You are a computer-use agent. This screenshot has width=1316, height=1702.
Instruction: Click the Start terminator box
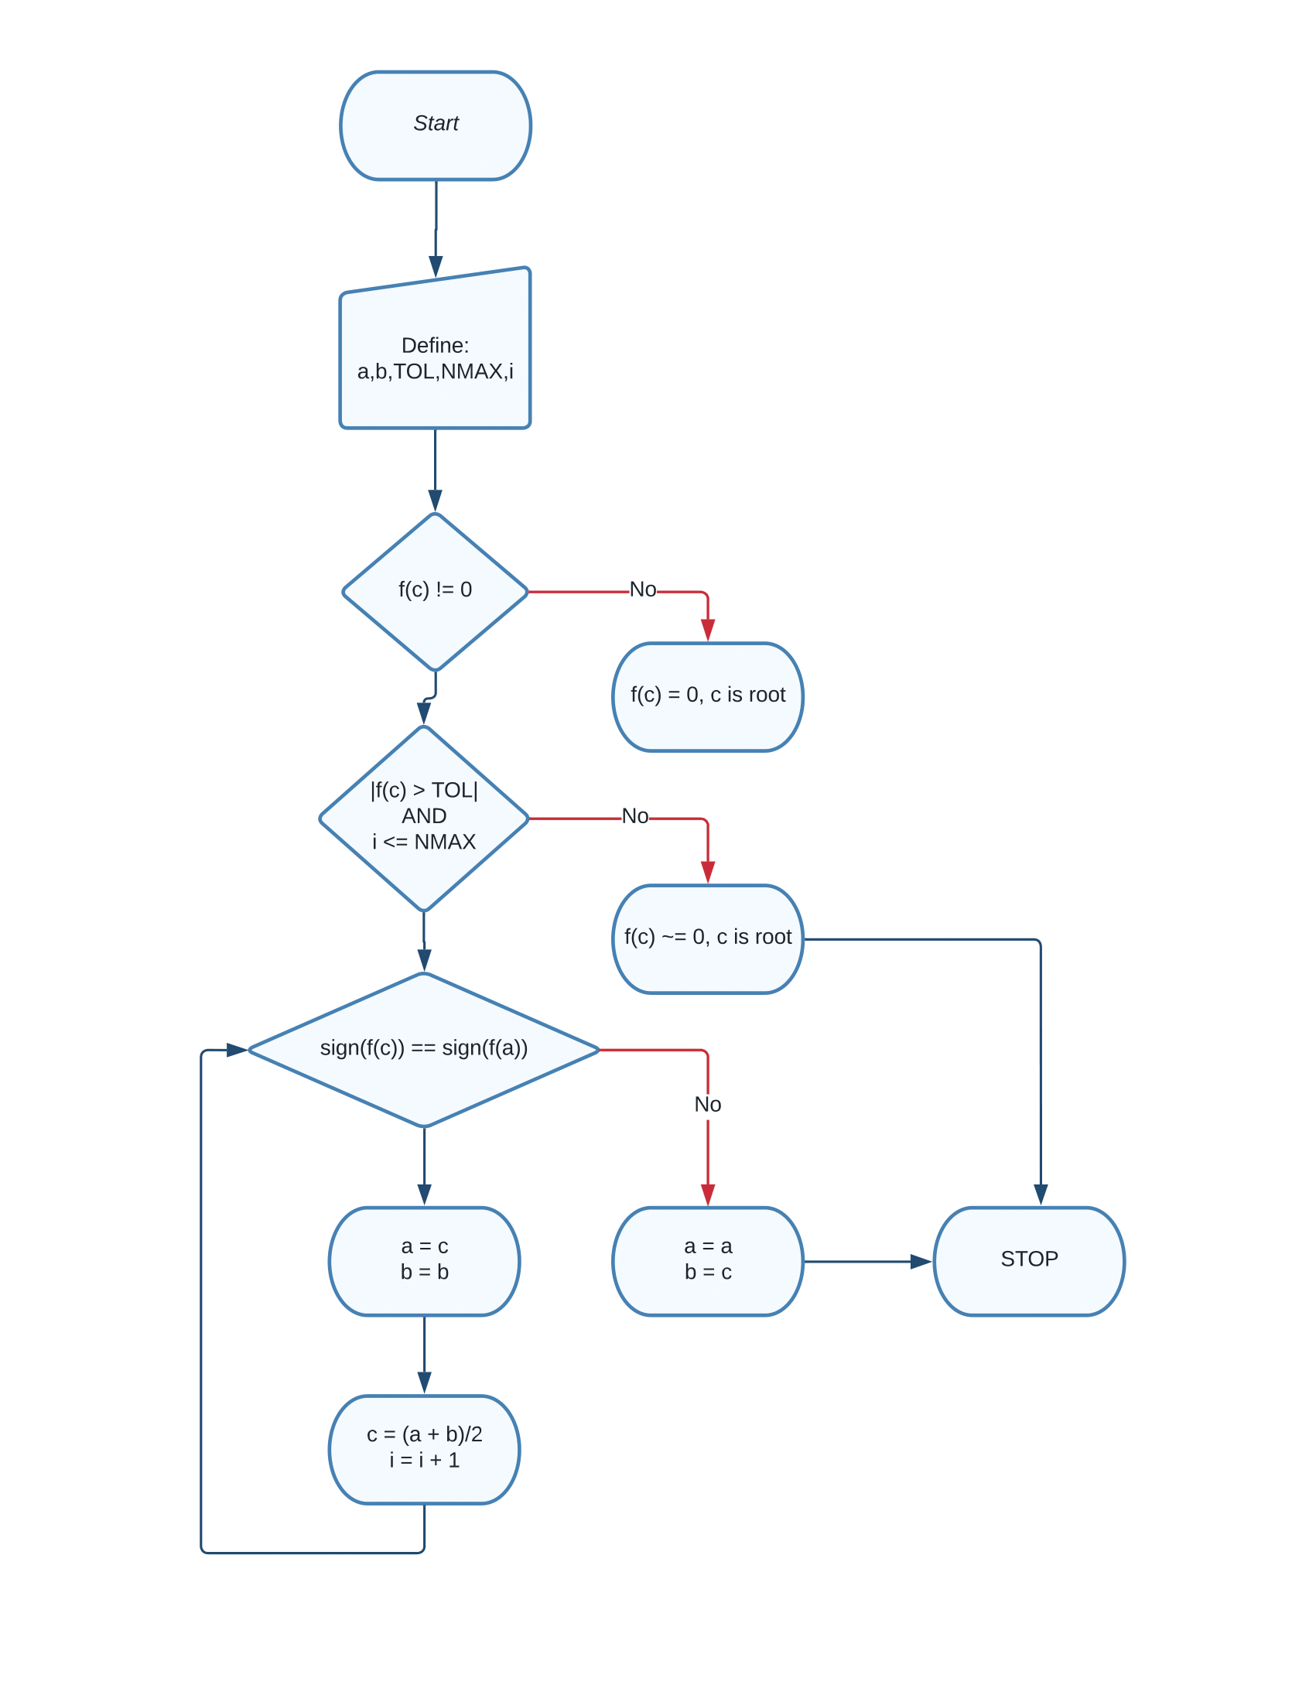pyautogui.click(x=435, y=125)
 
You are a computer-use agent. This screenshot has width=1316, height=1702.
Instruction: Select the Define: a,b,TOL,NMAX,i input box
pyautogui.click(x=435, y=358)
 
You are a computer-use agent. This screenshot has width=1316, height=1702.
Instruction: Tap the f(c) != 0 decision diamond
pyautogui.click(x=435, y=591)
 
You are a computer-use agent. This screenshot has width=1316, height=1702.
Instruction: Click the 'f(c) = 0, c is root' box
pyautogui.click(x=706, y=696)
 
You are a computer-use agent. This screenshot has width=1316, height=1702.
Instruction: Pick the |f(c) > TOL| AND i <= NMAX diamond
pyautogui.click(x=424, y=818)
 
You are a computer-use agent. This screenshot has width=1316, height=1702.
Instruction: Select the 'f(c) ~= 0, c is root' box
pyautogui.click(x=706, y=938)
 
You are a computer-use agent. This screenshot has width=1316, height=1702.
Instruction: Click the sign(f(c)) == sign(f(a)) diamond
pyautogui.click(x=424, y=1049)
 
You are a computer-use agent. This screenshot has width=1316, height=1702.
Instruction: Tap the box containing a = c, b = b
pyautogui.click(x=424, y=1260)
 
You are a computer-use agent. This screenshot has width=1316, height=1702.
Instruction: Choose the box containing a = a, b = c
pyautogui.click(x=706, y=1260)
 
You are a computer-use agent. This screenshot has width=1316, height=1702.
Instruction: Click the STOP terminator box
pyautogui.click(x=1027, y=1260)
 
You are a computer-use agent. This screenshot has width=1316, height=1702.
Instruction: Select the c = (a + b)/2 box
pyautogui.click(x=424, y=1449)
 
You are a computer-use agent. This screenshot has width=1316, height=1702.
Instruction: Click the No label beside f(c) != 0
pyautogui.click(x=642, y=590)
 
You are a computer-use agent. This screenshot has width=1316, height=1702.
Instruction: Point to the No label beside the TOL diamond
pyautogui.click(x=634, y=816)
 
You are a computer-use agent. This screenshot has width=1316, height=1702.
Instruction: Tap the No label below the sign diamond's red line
pyautogui.click(x=706, y=1104)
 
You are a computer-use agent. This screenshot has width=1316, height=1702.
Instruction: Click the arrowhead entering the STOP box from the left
pyautogui.click(x=920, y=1260)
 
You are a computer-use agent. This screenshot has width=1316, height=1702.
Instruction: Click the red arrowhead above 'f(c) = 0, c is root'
pyautogui.click(x=706, y=629)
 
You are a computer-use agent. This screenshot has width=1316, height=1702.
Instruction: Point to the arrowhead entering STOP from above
pyautogui.click(x=1039, y=1193)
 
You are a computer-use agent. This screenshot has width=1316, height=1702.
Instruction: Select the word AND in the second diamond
pyautogui.click(x=424, y=816)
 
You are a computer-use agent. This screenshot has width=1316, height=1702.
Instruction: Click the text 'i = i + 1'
pyautogui.click(x=424, y=1461)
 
